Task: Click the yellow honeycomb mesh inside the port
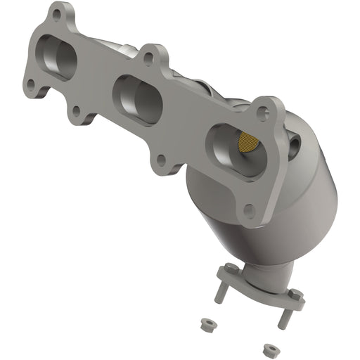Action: (x=246, y=143)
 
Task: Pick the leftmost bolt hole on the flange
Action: (x=30, y=85)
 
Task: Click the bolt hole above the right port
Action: (x=263, y=111)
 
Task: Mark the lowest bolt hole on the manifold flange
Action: (x=249, y=210)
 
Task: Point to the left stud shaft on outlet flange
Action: (x=220, y=293)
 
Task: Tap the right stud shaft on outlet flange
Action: (x=283, y=318)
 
